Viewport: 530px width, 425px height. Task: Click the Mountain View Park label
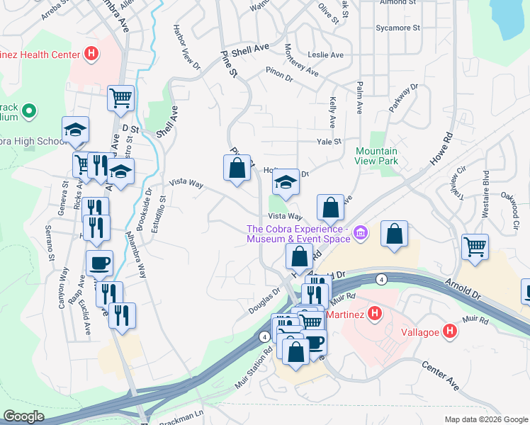click(376, 156)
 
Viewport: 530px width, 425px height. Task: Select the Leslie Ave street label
click(325, 55)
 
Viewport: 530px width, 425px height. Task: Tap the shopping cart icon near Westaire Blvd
click(475, 247)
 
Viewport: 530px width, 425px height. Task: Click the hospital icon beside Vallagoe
click(449, 331)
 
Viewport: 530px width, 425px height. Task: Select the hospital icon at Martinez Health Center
click(91, 52)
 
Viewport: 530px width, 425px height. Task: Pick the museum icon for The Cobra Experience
click(360, 232)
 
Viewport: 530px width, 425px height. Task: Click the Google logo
click(24, 416)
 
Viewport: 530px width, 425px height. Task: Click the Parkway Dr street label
click(403, 98)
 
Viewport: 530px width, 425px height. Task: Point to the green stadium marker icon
click(29, 111)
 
